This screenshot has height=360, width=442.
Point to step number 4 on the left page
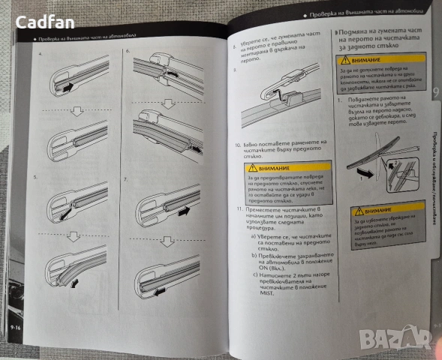tap(38, 54)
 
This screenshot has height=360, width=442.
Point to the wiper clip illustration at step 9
tap(278, 95)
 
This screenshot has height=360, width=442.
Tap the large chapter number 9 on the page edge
tap(435, 94)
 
